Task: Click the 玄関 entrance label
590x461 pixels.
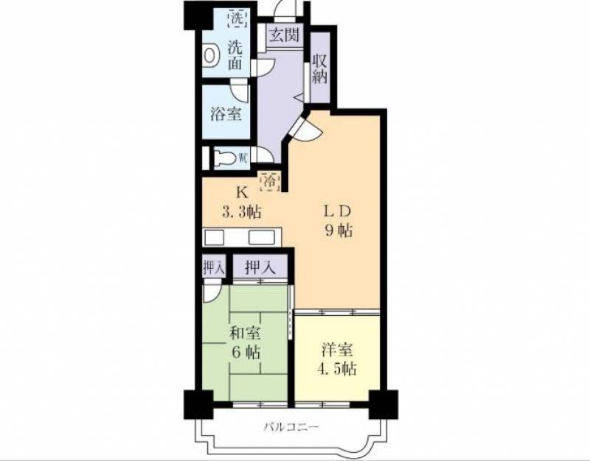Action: [285, 35]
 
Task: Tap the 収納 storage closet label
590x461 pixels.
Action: [320, 69]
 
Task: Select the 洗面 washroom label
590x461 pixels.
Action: [235, 56]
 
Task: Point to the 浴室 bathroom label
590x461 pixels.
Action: [226, 114]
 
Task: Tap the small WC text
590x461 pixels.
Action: [243, 158]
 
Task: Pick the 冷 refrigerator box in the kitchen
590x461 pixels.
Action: [269, 181]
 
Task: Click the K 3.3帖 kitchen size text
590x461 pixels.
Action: [242, 203]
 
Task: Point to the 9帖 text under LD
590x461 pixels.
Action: [339, 230]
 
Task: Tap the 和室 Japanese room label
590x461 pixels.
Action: [246, 333]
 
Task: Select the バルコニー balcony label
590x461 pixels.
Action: [291, 427]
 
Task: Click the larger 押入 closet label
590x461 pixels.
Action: [260, 267]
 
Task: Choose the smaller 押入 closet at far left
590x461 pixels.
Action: [214, 267]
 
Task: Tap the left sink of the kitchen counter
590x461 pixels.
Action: [214, 237]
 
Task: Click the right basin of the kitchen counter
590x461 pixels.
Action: [262, 237]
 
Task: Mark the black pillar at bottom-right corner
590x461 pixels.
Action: [383, 404]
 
